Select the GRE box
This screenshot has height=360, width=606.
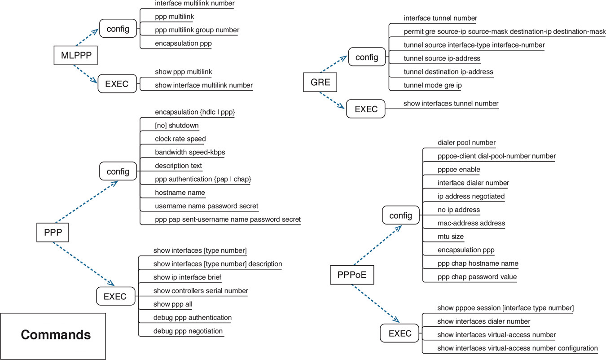tap(320, 82)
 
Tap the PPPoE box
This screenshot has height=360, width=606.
tap(351, 275)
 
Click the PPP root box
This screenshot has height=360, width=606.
tap(53, 233)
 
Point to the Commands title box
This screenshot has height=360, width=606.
tap(56, 335)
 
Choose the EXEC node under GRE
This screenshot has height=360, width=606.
tap(366, 109)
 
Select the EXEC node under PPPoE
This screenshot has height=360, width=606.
tap(400, 334)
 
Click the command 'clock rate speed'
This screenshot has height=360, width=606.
tap(180, 139)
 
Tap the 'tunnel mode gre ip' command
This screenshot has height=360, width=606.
tap(433, 85)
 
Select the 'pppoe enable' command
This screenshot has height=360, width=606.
tap(459, 170)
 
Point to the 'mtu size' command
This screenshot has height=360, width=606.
tap(451, 237)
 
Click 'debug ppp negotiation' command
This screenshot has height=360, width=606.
tap(188, 331)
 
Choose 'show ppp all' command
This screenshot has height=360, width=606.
tap(173, 304)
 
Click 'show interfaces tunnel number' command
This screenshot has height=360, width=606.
tap(451, 103)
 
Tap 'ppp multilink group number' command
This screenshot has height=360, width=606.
tap(197, 30)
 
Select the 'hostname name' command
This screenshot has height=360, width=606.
tap(180, 193)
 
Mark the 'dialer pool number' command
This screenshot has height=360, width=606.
tap(466, 143)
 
